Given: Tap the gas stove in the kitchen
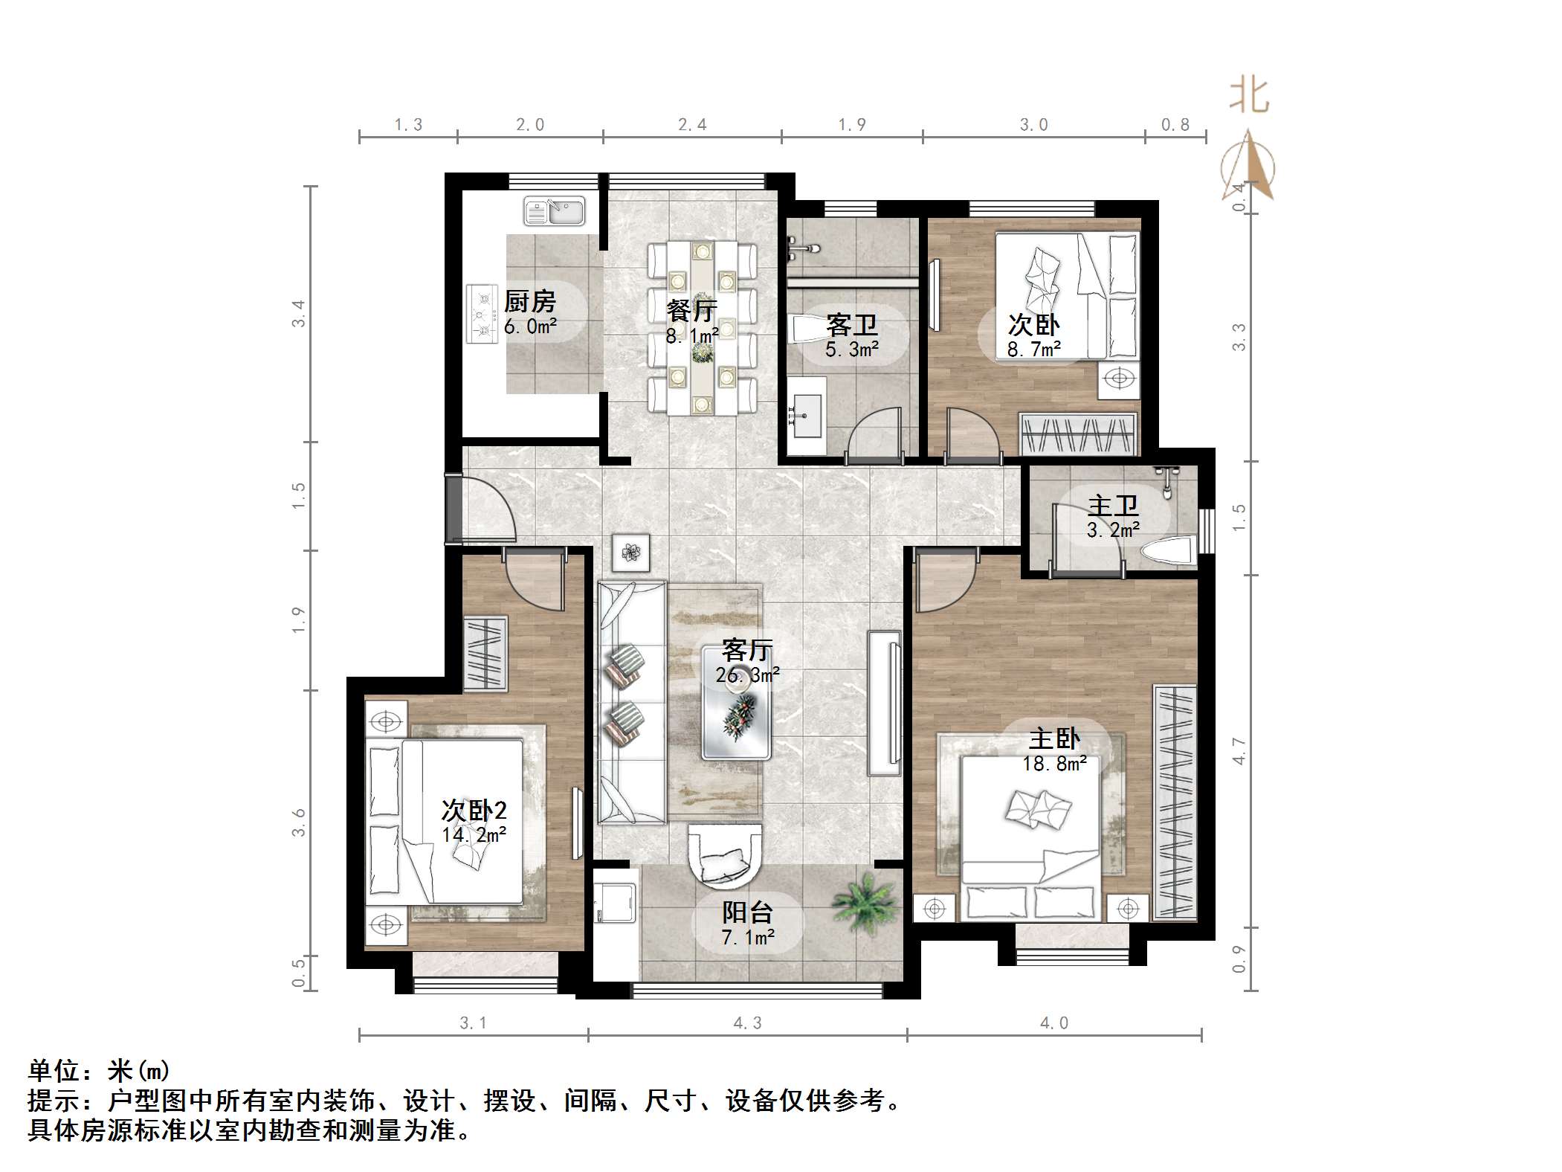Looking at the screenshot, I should [x=482, y=315].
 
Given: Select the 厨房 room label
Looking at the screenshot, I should [x=529, y=302].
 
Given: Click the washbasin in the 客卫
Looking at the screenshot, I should [x=807, y=416].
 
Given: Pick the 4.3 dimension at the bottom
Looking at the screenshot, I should [x=747, y=1023].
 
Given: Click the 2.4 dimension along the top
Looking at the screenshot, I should [x=692, y=125].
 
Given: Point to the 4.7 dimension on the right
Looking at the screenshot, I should [x=1239, y=751].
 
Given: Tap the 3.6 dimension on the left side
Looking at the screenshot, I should [x=299, y=822].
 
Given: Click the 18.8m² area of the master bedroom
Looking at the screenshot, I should [x=1054, y=764].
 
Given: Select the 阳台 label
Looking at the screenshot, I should [x=747, y=912].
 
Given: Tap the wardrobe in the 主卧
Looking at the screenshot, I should [x=1175, y=803].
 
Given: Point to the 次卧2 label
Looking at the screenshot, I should [x=474, y=811].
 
